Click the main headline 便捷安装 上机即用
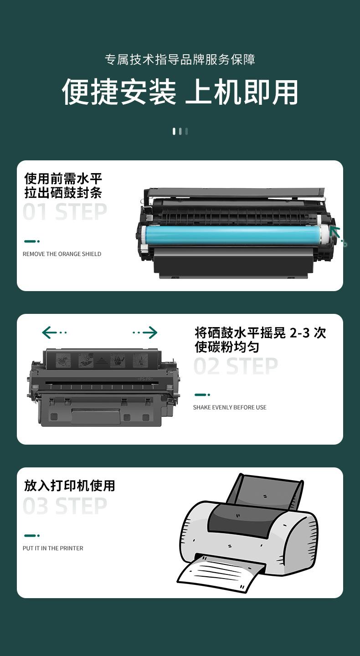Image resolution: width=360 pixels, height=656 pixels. point(180,92)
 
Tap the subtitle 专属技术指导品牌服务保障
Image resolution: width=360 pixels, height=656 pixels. point(180,59)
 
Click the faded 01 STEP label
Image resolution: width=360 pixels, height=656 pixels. point(65,212)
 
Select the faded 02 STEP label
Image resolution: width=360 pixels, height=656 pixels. point(236,366)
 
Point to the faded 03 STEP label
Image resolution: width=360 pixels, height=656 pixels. point(65,506)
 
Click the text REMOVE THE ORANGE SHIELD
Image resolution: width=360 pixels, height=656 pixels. point(62,254)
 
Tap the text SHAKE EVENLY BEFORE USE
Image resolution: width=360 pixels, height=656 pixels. point(230,407)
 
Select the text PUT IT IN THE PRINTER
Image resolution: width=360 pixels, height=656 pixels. point(53,548)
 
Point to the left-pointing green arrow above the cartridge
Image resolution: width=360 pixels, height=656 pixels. point(54,333)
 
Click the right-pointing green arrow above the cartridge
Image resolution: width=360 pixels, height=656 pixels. point(145,333)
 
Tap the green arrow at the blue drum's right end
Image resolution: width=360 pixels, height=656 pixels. point(338,236)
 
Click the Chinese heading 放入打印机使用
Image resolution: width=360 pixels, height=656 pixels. point(69,485)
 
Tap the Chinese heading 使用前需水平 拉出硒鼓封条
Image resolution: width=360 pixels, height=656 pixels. point(63,185)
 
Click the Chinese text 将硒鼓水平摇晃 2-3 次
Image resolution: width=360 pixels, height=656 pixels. point(260,333)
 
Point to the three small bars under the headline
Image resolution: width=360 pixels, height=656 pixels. point(180,131)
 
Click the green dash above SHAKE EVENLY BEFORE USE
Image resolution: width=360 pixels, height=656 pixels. point(202,395)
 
